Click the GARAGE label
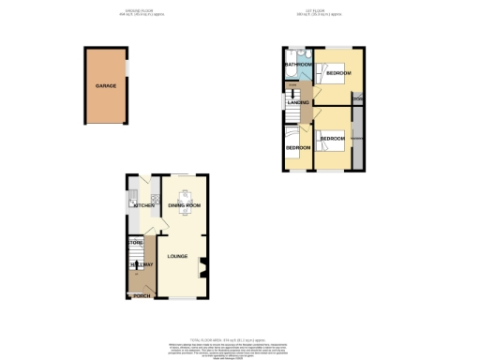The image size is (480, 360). pyautogui.click(x=105, y=85)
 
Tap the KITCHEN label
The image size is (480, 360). pyautogui.click(x=143, y=204)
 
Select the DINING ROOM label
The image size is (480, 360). pyautogui.click(x=185, y=204)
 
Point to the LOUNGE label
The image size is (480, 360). pyautogui.click(x=177, y=256)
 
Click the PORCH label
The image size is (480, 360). pyautogui.click(x=142, y=296)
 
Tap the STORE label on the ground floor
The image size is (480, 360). pyautogui.click(x=134, y=243)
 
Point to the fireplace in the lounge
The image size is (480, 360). pyautogui.click(x=201, y=273)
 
